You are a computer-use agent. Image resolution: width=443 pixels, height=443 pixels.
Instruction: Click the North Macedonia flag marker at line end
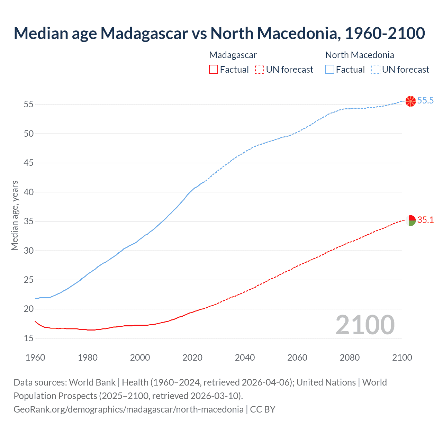coord(410,101)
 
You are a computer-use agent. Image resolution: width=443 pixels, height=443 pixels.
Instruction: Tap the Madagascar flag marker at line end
coord(410,220)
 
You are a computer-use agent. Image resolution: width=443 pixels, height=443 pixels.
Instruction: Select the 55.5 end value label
coord(425,101)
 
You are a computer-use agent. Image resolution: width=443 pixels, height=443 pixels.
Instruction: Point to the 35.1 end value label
coord(425,220)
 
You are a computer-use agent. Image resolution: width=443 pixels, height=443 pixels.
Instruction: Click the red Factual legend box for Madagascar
coord(214,70)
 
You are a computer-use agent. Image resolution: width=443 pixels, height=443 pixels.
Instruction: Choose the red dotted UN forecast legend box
coord(260,70)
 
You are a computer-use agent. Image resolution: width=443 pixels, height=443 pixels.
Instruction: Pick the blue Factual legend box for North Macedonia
coord(329,70)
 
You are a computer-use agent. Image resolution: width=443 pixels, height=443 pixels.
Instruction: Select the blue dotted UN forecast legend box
coord(376,70)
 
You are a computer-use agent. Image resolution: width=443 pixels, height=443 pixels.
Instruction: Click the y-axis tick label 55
coord(29,105)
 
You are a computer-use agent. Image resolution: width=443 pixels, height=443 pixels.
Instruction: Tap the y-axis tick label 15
coord(29,338)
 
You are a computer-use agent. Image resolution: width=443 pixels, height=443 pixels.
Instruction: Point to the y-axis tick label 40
coord(29,192)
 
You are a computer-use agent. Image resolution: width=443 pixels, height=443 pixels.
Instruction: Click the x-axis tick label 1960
coord(35,358)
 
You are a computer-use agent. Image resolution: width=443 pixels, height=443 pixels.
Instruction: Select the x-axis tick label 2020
coord(192,358)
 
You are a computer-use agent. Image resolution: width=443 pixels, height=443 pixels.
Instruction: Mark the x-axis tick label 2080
coord(350,358)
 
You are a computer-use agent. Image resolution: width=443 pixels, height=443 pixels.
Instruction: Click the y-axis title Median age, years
coord(15,215)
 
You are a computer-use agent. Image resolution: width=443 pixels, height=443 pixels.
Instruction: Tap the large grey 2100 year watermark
coord(365,325)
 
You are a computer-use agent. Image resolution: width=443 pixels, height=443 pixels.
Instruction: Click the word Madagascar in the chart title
coord(144,33)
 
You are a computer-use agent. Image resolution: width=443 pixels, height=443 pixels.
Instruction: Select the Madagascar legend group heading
coord(233,55)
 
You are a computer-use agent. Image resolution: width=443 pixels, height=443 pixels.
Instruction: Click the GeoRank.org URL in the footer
coord(128,409)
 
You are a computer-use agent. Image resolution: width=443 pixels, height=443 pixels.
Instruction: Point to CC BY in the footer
coord(263,409)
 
